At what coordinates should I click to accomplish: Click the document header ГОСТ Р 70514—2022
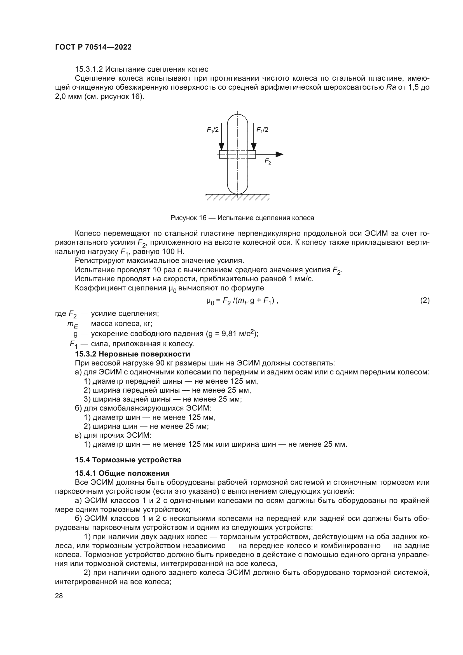(93, 47)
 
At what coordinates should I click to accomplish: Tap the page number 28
(59, 596)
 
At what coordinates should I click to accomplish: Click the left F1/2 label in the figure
(213, 130)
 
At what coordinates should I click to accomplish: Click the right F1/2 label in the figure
(262, 130)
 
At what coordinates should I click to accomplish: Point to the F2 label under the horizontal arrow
(267, 162)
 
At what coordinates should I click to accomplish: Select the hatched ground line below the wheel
(237, 197)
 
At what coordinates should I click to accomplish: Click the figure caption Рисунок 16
(242, 218)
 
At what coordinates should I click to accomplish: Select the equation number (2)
(425, 300)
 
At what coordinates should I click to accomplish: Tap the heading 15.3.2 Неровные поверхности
(132, 354)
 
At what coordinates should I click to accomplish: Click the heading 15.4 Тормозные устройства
(128, 460)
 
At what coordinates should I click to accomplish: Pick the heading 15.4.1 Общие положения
(122, 473)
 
